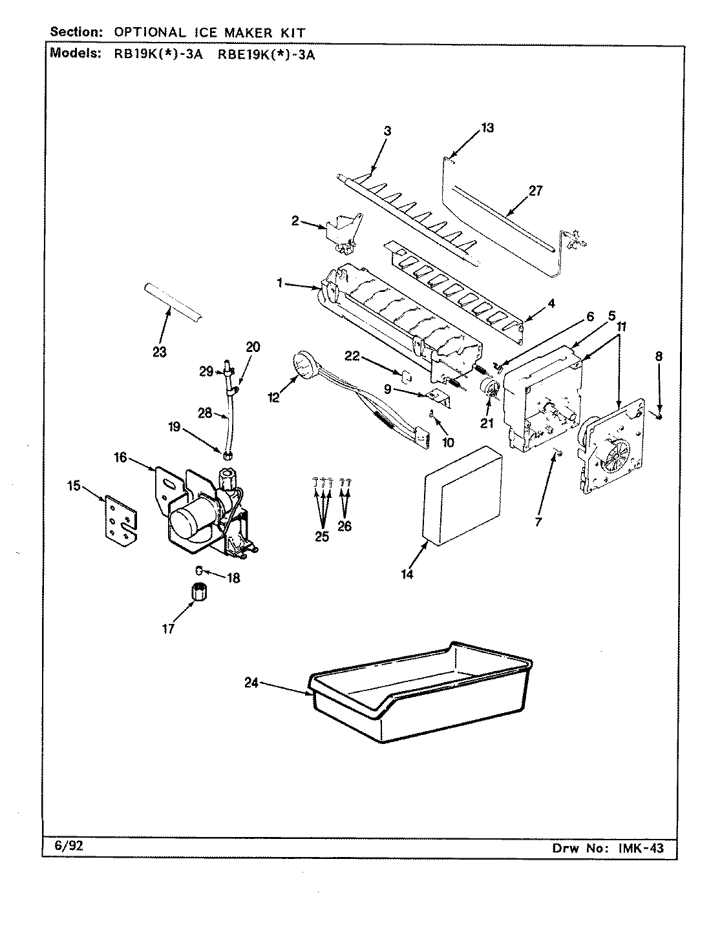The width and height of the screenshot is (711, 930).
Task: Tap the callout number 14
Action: point(407,573)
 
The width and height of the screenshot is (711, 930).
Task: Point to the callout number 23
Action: point(159,352)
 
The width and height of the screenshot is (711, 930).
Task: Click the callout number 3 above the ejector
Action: point(387,131)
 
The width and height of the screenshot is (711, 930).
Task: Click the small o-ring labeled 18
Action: point(200,570)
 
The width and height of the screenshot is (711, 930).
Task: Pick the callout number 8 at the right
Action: point(658,356)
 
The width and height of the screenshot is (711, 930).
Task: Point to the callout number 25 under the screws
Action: point(321,536)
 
